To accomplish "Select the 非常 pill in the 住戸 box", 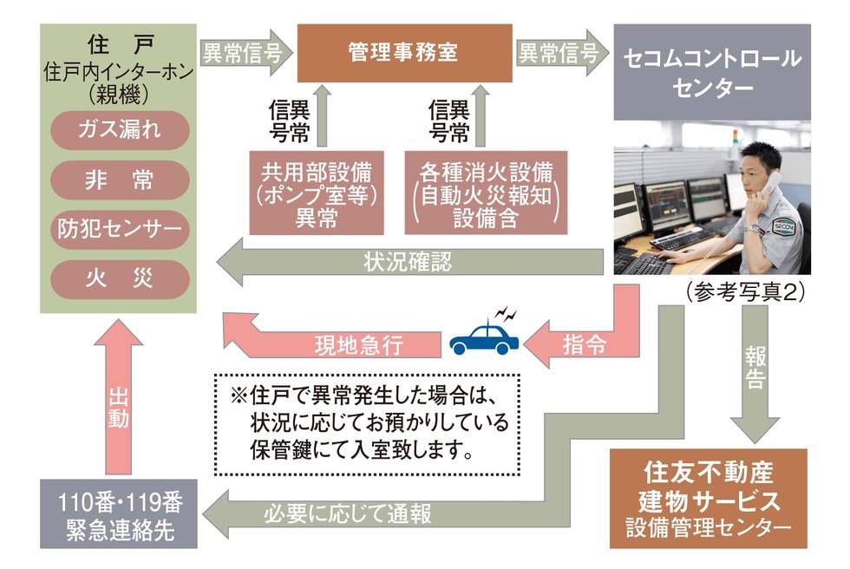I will point(120,180).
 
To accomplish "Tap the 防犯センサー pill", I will point(120,230).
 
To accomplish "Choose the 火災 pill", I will point(120,279).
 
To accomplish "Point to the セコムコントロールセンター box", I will point(712,72).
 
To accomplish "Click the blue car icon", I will point(484,337).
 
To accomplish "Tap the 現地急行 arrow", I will point(347,343).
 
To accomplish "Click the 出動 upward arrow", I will point(119,399).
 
